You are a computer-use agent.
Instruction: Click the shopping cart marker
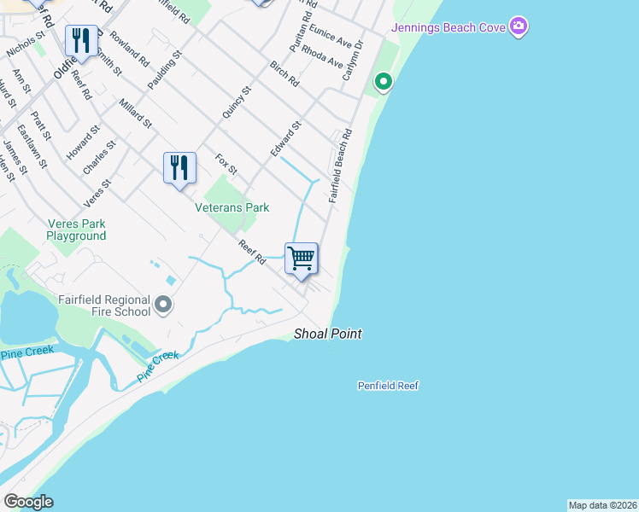[301, 258]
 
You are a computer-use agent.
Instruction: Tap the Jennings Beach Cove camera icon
[518, 27]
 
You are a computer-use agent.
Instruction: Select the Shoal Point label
[328, 334]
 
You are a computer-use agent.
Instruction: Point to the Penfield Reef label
[388, 386]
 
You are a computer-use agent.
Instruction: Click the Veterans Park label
[232, 207]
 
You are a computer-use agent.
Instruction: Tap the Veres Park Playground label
[77, 230]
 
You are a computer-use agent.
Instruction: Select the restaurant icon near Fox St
[179, 166]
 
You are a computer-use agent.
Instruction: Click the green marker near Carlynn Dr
[384, 83]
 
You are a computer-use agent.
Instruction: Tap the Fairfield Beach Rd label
[340, 166]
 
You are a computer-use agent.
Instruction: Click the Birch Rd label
[284, 75]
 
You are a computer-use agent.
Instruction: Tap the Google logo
[28, 503]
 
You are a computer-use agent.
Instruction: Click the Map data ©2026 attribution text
[602, 505]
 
